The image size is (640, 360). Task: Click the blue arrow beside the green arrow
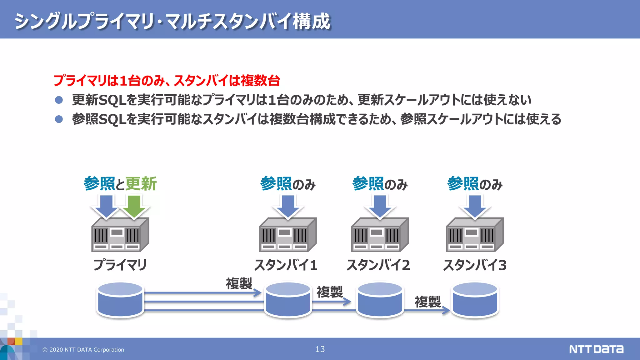coord(106,206)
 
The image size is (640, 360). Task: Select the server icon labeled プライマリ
coord(120,235)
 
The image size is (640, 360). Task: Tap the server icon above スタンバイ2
coord(380,235)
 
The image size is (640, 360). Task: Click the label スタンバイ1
coord(286,265)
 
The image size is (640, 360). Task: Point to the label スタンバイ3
coord(475,265)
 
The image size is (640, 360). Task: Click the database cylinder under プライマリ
coord(120,300)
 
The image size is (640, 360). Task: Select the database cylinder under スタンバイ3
coord(475,300)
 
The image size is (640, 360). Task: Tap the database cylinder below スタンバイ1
coord(288,300)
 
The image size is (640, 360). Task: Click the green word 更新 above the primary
coord(141,184)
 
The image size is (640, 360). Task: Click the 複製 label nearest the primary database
coord(239,284)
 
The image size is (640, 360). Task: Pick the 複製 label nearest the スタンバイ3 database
coord(427,302)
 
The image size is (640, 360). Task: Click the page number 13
coord(320,349)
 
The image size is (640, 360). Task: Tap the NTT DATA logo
coord(596,349)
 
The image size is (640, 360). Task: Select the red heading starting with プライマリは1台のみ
coord(167,81)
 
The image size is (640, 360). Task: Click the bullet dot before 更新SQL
coord(59,100)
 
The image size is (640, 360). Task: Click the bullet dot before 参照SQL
coord(59,119)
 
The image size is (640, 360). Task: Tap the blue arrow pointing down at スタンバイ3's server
coord(475,206)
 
